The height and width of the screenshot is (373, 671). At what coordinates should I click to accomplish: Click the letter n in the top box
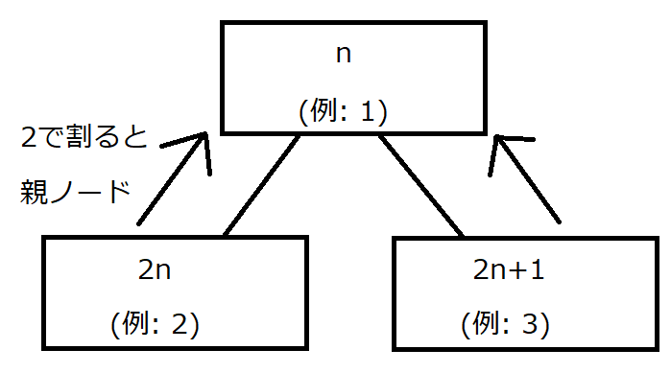(343, 55)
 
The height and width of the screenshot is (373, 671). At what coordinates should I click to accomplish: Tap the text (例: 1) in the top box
(343, 112)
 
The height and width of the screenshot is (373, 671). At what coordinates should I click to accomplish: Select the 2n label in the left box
(155, 268)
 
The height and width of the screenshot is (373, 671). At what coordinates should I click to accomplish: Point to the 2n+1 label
(509, 268)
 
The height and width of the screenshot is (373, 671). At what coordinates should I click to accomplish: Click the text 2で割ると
(84, 139)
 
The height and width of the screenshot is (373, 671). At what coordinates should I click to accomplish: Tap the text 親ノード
(74, 194)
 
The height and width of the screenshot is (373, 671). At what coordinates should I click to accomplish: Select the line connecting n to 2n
(261, 185)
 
